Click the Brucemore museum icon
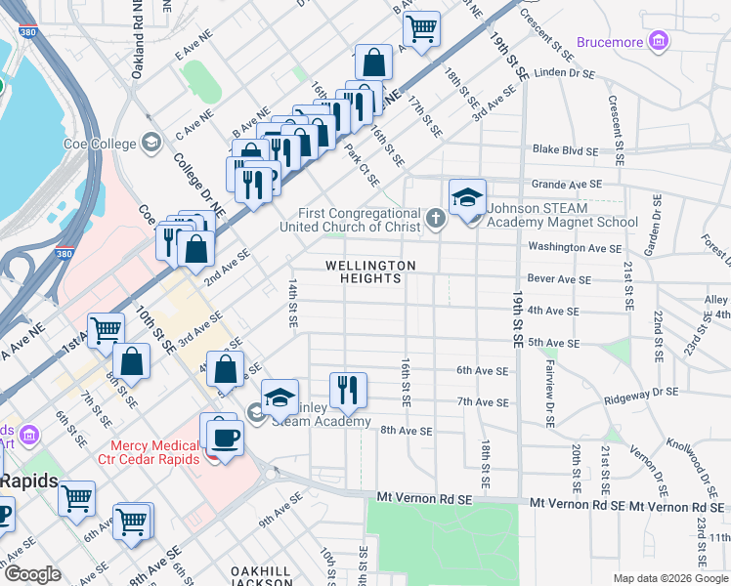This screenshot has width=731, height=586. [660, 42]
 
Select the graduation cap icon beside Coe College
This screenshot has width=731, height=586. [150, 144]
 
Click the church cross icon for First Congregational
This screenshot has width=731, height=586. [435, 220]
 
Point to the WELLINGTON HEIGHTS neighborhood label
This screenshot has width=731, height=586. [370, 272]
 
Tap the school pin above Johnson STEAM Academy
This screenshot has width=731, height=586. [467, 196]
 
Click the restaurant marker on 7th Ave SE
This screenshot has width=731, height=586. [347, 390]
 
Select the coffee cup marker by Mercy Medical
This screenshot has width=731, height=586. [224, 435]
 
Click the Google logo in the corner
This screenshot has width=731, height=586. [32, 574]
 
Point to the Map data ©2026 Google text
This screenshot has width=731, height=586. [669, 578]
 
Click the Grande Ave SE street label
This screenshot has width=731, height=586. [566, 184]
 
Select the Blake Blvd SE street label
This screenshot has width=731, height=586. [565, 149]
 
